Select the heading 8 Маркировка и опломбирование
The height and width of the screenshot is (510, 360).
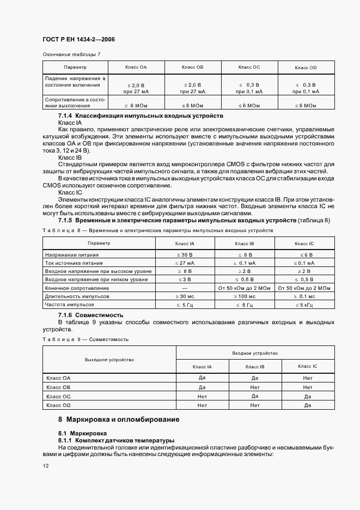pos(119,420)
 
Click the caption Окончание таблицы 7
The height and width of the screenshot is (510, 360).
pos(71,54)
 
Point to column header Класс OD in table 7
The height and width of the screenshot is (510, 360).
pos(306,67)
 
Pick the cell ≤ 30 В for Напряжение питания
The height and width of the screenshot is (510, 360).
pos(185,255)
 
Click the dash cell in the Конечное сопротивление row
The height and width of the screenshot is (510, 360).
pos(185,288)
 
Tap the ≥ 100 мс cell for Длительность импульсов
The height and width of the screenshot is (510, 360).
pos(245,296)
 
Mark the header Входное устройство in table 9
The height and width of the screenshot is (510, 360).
pos(255,353)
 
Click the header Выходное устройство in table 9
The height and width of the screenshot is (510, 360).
pos(109,360)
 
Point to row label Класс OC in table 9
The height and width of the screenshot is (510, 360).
pos(59,396)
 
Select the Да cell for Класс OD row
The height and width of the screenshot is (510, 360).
pos(308,405)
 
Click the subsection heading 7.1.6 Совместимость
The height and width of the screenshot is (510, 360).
pos(90,315)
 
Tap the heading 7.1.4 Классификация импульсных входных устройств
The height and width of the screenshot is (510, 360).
pos(141,116)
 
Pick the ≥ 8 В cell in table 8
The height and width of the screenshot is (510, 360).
pos(185,271)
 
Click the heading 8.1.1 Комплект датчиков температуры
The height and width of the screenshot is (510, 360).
pos(116,440)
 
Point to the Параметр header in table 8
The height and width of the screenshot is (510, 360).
pos(99,243)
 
